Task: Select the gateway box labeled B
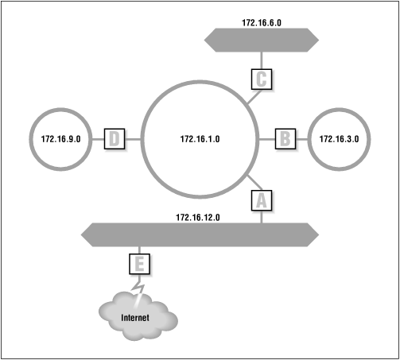(x=285, y=139)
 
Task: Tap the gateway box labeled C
(x=262, y=79)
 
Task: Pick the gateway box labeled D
(x=116, y=139)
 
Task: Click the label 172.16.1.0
(x=200, y=139)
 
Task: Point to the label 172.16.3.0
(x=339, y=139)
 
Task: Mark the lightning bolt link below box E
(x=139, y=286)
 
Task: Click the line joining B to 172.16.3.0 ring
(x=301, y=139)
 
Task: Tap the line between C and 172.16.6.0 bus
(x=262, y=59)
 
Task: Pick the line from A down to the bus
(x=262, y=217)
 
